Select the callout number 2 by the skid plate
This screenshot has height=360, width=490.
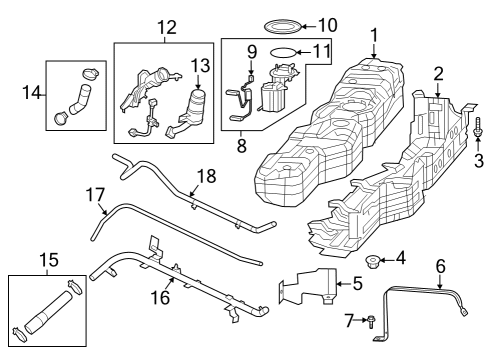pos(437,73)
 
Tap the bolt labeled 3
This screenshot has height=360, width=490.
pos(480,129)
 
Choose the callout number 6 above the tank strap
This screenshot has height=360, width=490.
pos(439,265)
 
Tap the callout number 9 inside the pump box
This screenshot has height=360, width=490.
pos(252,51)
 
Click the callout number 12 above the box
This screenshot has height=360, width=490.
pos(165,27)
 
